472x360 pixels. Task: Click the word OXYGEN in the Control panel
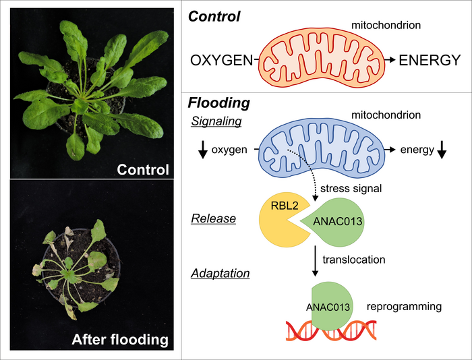(x=222, y=60)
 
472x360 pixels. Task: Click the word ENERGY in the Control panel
(x=430, y=60)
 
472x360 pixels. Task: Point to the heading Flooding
(x=218, y=103)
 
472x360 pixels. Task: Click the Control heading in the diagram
(x=214, y=16)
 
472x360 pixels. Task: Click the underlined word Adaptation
(x=219, y=274)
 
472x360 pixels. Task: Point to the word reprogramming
(x=404, y=307)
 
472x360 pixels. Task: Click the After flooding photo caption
(x=120, y=340)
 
